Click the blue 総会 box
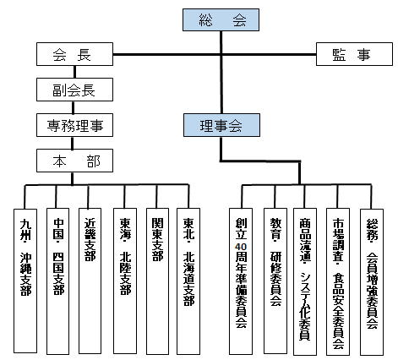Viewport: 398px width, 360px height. (221, 19)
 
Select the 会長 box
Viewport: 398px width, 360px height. (74, 54)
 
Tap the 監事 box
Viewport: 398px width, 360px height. (354, 54)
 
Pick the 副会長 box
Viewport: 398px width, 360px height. (74, 90)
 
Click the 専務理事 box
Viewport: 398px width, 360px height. (74, 125)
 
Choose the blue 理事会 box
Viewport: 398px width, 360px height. (221, 125)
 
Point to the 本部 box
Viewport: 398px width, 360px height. (74, 161)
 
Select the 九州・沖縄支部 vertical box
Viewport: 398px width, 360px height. (25, 281)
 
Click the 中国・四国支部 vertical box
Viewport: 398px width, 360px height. (57, 281)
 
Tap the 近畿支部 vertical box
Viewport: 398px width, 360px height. (90, 281)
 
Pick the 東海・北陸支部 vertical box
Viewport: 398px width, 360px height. (125, 281)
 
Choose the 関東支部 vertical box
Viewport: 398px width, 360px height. (157, 281)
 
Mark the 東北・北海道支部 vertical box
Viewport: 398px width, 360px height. (188, 281)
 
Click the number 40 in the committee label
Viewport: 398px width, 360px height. (241, 247)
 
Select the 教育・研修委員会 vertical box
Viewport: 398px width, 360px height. (275, 281)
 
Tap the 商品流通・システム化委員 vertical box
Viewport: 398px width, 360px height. (305, 281)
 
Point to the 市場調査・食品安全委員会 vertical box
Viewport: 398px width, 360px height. (338, 281)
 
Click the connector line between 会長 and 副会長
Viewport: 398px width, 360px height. (74, 72)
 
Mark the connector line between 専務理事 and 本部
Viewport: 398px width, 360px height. (73, 143)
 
